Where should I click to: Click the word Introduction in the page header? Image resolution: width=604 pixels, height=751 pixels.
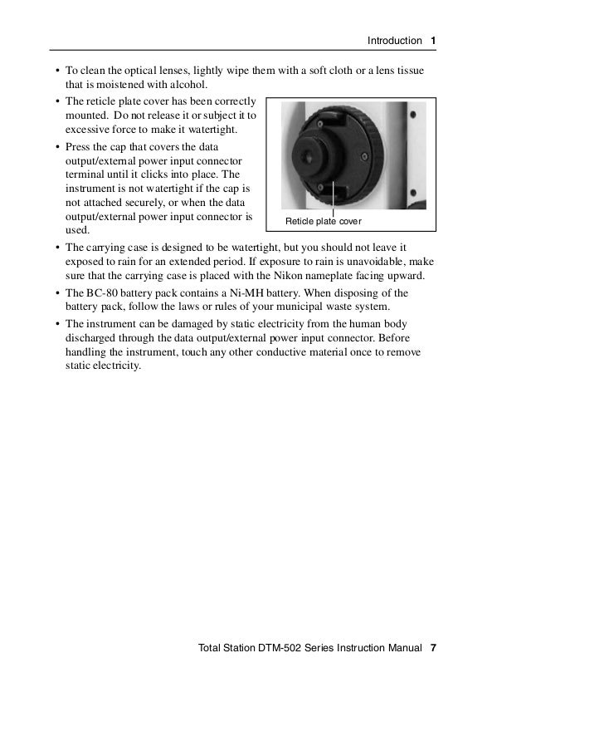tap(394, 41)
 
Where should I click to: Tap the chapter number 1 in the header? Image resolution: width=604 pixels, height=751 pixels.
tap(434, 41)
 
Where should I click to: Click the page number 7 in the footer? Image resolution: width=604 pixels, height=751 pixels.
tap(433, 647)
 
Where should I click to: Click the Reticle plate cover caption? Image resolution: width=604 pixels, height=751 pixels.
tap(324, 222)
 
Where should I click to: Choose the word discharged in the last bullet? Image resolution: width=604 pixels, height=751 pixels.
tap(95, 337)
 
